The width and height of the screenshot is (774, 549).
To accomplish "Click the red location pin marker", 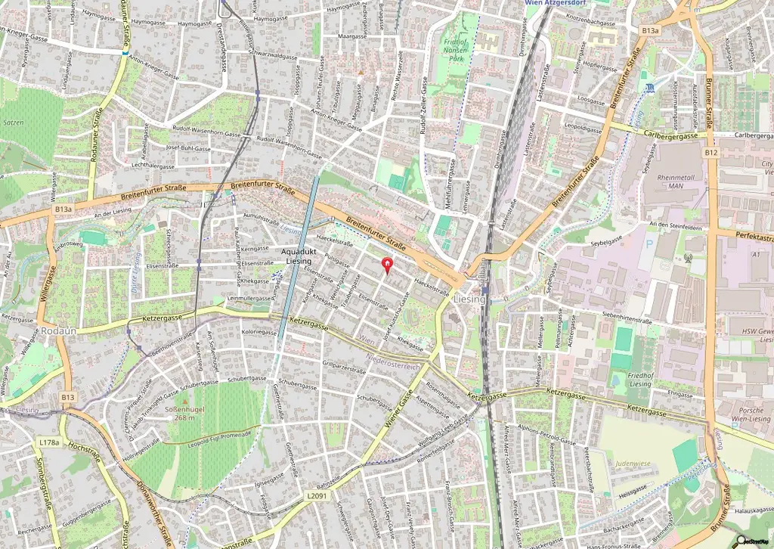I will click(388, 265).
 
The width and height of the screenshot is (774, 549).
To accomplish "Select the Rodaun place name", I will click(58, 331).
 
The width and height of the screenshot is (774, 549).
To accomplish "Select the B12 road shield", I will click(710, 153).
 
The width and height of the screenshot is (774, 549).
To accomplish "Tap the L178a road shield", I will click(48, 442).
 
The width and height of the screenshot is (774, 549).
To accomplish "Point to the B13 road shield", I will click(69, 397).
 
